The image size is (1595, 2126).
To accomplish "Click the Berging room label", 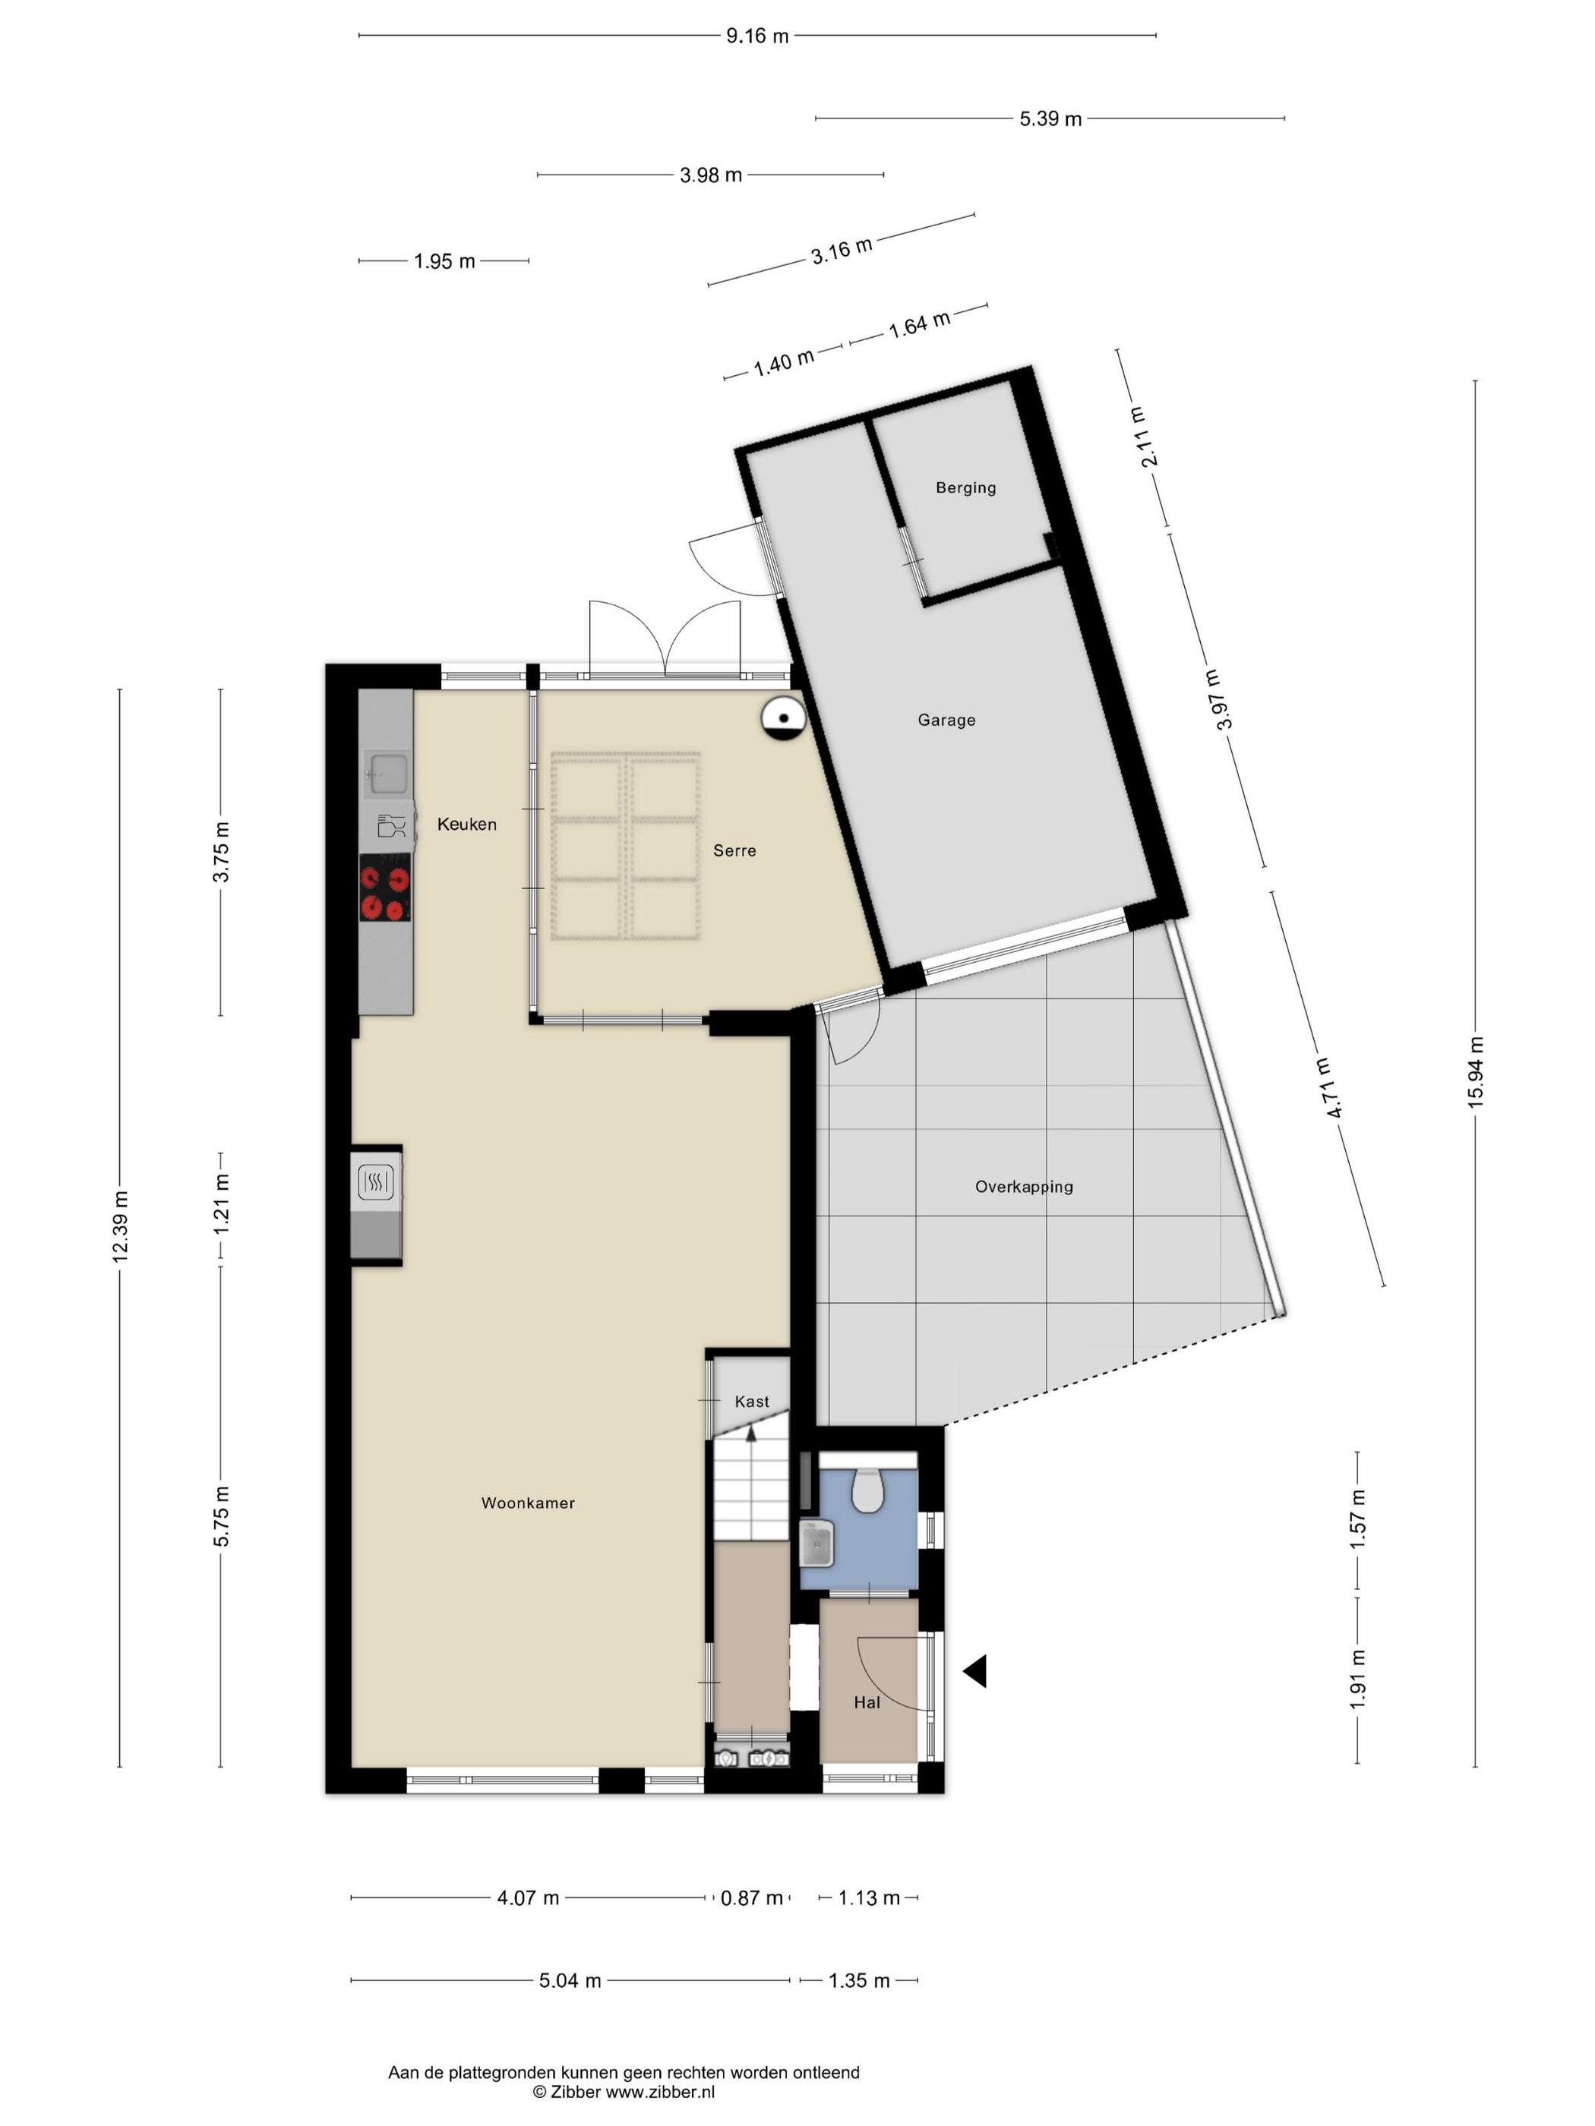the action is click(965, 487).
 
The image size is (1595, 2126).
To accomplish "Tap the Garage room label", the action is click(946, 720).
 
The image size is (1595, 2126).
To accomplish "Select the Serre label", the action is click(734, 850).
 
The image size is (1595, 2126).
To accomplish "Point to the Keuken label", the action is click(466, 824).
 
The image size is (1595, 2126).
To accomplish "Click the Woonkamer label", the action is click(528, 1503).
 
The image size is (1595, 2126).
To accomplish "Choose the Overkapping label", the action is click(1024, 1187).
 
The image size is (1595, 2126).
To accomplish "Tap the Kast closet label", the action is click(752, 1402).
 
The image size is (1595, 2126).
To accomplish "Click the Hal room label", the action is click(867, 1702).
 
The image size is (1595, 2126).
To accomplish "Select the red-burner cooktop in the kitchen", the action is click(386, 887).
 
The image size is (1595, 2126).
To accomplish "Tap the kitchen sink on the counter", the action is click(387, 773).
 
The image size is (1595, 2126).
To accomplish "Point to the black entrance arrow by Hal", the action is click(975, 1671).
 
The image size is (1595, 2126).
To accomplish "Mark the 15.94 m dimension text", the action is click(1476, 1073).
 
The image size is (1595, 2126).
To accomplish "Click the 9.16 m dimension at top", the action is click(756, 36).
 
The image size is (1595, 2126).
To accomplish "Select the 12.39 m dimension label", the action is click(119, 1226).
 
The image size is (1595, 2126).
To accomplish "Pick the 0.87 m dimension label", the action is click(752, 1898).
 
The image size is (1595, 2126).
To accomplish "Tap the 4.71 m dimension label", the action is click(1328, 1087).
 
